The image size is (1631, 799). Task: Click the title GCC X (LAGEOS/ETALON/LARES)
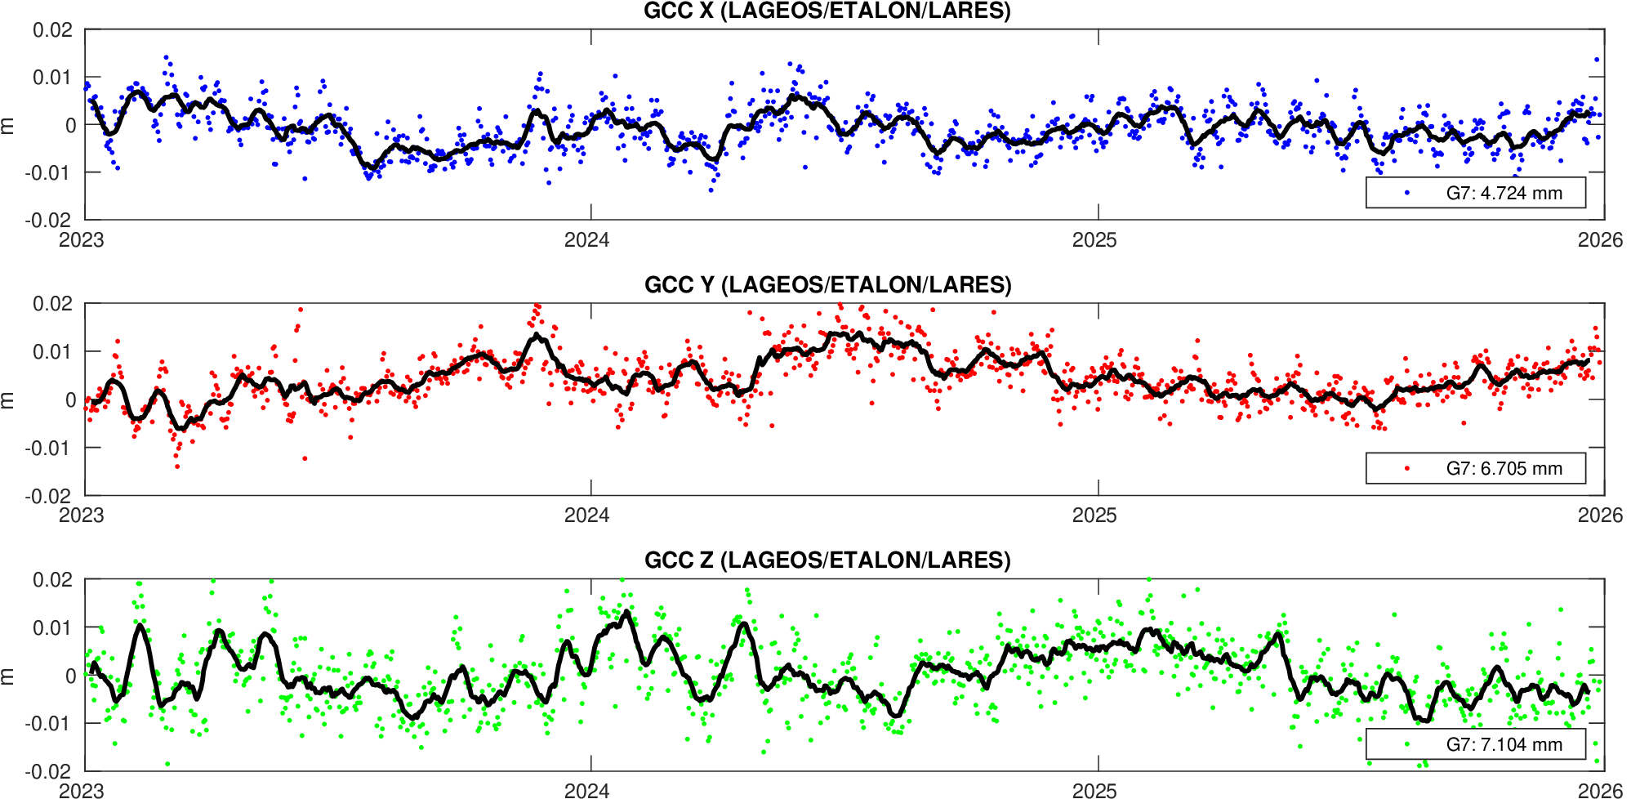pyautogui.click(x=827, y=11)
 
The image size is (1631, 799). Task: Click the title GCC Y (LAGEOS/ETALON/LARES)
pyautogui.click(x=827, y=284)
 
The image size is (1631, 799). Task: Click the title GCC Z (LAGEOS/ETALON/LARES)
pyautogui.click(x=827, y=560)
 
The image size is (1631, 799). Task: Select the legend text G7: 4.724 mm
pyautogui.click(x=1504, y=193)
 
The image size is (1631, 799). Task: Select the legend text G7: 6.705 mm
pyautogui.click(x=1504, y=468)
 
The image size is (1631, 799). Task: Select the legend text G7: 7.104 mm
pyautogui.click(x=1504, y=744)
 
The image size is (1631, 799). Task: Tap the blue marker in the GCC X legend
pyautogui.click(x=1407, y=193)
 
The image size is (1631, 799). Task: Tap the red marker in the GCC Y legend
pyautogui.click(x=1407, y=468)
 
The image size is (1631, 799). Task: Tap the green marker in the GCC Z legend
pyautogui.click(x=1407, y=744)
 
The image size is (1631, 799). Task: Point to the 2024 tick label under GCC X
pyautogui.click(x=587, y=239)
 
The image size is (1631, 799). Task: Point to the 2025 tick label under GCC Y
pyautogui.click(x=1094, y=515)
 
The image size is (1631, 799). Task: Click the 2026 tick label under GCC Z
pyautogui.click(x=1600, y=790)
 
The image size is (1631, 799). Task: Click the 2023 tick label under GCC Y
pyautogui.click(x=82, y=515)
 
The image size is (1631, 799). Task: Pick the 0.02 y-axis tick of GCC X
pyautogui.click(x=53, y=30)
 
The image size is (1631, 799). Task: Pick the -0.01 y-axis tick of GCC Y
pyautogui.click(x=51, y=448)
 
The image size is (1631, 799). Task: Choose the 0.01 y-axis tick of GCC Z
pyautogui.click(x=53, y=627)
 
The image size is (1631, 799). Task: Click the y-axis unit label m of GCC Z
pyautogui.click(x=7, y=676)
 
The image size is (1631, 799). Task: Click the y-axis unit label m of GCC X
pyautogui.click(x=7, y=125)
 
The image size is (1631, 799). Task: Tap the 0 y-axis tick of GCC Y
pyautogui.click(x=70, y=399)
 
